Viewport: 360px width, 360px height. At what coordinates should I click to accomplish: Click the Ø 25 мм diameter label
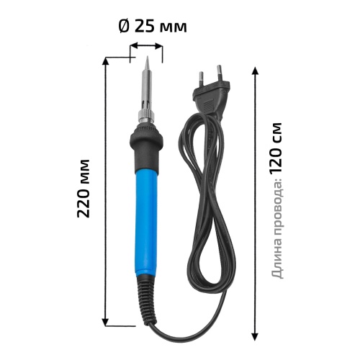153,26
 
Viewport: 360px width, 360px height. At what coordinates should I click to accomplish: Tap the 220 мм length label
84,189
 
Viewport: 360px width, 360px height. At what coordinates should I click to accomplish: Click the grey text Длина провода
277,228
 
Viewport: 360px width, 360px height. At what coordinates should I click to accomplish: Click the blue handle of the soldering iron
145,222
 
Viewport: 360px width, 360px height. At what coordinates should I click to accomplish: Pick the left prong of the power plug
201,78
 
